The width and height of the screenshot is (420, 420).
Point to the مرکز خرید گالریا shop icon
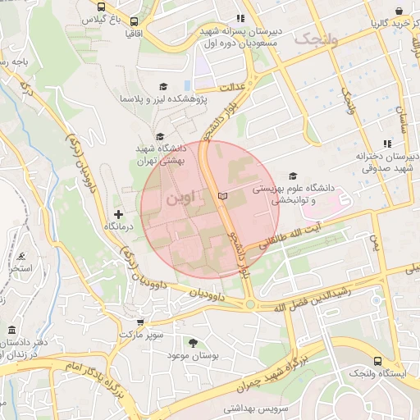click(399, 11)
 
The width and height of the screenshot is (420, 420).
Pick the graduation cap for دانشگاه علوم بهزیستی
click(293, 176)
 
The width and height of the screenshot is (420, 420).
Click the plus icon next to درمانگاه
click(118, 214)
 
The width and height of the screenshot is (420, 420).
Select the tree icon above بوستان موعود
click(193, 342)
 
